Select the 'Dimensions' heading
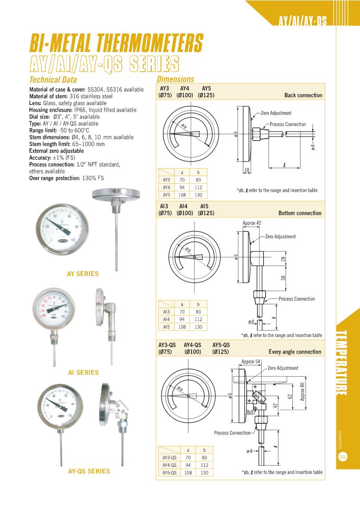point(175,79)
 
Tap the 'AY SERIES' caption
point(83,274)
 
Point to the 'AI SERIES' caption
point(83,373)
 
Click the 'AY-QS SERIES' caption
point(89,471)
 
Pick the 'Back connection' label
point(303,95)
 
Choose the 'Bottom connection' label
point(299,213)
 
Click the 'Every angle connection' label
point(295,352)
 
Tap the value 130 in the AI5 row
point(198,327)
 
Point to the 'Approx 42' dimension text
point(251,223)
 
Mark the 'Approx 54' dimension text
point(251,361)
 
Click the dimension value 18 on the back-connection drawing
point(247,169)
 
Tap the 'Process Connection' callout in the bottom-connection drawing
point(296,299)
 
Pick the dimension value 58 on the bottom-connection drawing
point(283,277)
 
